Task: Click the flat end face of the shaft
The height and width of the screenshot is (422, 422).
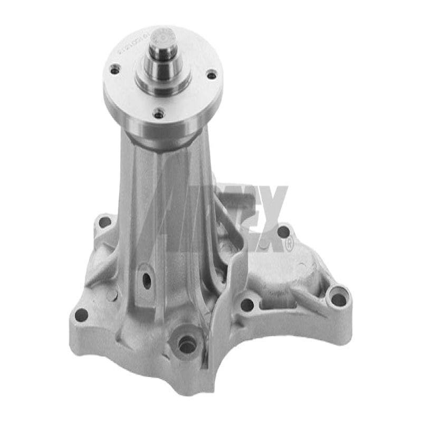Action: pyautogui.click(x=163, y=36)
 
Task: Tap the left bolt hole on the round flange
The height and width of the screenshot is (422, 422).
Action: pyautogui.click(x=115, y=68)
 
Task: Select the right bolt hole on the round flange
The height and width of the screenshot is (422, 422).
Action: pyautogui.click(x=211, y=75)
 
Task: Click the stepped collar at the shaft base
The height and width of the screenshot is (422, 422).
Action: pyautogui.click(x=163, y=82)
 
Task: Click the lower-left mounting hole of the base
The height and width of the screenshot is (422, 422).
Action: pyautogui.click(x=81, y=315)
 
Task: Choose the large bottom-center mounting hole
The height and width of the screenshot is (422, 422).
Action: pyautogui.click(x=187, y=345)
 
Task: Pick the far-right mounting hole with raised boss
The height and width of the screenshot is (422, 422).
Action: pyautogui.click(x=338, y=299)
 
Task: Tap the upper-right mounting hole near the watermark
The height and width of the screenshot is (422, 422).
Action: pyautogui.click(x=283, y=232)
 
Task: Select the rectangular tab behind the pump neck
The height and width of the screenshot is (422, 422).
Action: pyautogui.click(x=232, y=198)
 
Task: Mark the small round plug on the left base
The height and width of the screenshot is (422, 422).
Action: pyautogui.click(x=111, y=295)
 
